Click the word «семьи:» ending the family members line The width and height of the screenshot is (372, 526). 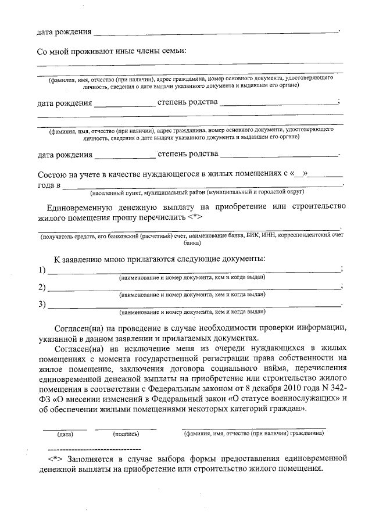(173, 51)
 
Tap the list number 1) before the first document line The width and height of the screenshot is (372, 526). (41, 270)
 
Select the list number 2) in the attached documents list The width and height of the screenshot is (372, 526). (41, 287)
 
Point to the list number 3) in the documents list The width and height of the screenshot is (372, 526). (41, 304)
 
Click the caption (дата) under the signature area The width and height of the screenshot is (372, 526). (65, 434)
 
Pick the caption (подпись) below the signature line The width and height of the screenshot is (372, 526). (126, 434)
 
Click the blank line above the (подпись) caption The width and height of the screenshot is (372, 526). (126, 428)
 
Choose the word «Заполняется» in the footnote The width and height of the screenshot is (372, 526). (91, 459)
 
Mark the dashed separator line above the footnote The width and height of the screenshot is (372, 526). (94, 449)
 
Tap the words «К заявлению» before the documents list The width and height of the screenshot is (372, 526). (79, 258)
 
